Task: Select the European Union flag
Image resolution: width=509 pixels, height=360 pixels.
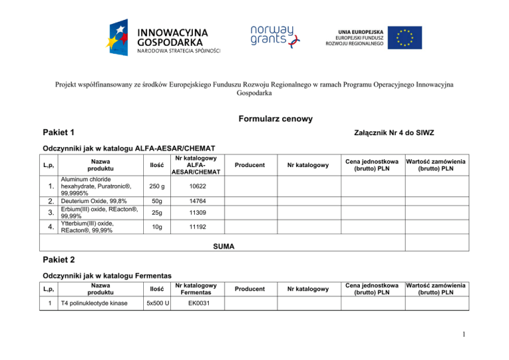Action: [404, 37]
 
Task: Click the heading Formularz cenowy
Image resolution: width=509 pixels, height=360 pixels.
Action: [255, 119]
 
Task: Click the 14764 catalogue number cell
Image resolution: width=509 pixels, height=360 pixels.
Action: [194, 202]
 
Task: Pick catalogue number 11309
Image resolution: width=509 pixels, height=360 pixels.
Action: [194, 212]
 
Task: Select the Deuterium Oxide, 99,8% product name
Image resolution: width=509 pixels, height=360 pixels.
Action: [93, 202]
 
